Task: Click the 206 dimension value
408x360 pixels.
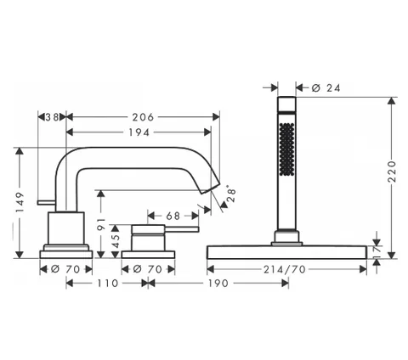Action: [x=143, y=117]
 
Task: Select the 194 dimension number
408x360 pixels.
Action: [x=139, y=132]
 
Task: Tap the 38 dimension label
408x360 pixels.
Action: [x=53, y=117]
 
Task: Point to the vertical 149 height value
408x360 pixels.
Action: [x=20, y=202]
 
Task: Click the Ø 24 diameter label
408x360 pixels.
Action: [x=326, y=88]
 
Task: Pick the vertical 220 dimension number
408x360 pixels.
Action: [x=392, y=172]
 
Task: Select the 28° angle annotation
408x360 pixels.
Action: [x=231, y=194]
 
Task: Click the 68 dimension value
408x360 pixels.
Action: [x=173, y=216]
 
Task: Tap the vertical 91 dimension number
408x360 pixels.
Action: [x=101, y=223]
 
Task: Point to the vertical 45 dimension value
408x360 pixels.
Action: [x=115, y=241]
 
